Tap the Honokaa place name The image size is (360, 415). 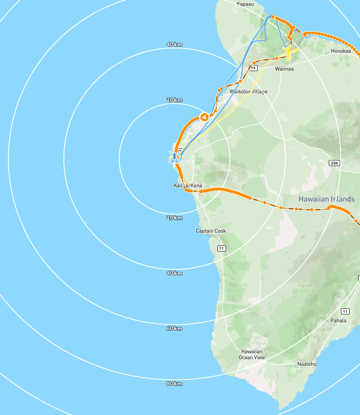[x=340, y=51]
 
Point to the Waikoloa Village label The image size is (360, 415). [x=249, y=91]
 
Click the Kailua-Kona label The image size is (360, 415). [x=187, y=186]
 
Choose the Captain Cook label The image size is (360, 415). [x=211, y=231]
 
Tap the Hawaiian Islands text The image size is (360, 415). [x=327, y=199]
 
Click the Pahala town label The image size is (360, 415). [x=338, y=320]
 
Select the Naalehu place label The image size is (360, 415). [x=307, y=364]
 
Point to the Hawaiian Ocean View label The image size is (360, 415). [x=252, y=354]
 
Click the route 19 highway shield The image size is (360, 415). [x=253, y=68]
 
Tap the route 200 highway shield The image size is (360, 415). [x=334, y=163]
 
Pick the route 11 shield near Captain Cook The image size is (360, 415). [x=222, y=248]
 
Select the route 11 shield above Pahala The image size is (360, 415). [x=345, y=311]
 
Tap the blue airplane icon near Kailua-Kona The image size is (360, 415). [x=174, y=157]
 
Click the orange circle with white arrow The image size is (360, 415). [x=204, y=117]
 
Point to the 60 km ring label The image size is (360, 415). [x=174, y=328]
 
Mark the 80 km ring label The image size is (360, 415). [x=174, y=383]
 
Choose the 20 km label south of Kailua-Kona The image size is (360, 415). [x=174, y=218]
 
